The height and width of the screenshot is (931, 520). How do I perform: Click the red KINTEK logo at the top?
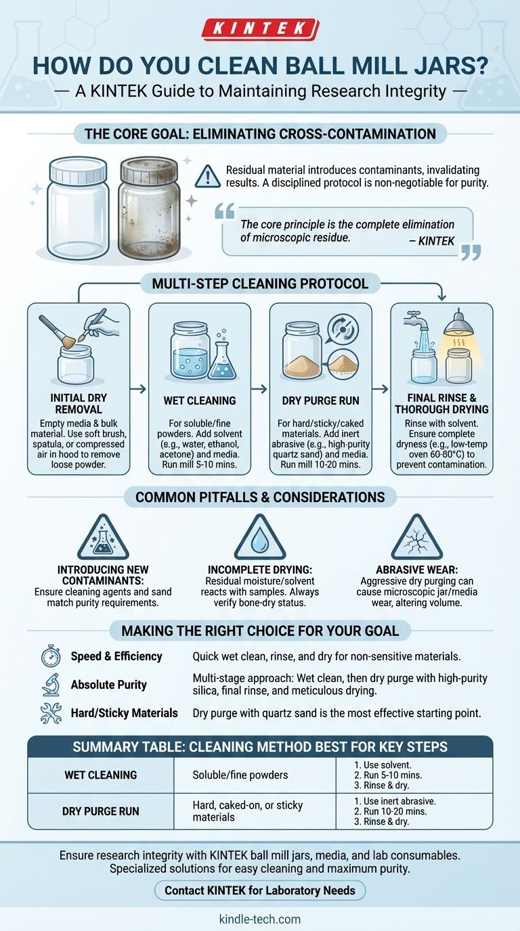[260, 28]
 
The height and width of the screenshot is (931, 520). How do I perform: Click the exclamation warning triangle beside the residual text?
[208, 176]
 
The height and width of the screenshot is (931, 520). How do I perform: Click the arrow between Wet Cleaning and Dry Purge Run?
[259, 388]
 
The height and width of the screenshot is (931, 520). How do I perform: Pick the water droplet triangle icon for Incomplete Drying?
[260, 537]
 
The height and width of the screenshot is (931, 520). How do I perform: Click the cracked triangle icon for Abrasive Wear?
[417, 537]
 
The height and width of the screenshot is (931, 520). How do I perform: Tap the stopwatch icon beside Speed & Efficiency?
[51, 656]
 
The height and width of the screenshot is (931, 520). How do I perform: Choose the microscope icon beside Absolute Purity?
[51, 685]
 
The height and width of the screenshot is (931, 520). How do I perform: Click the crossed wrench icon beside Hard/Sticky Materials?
[51, 713]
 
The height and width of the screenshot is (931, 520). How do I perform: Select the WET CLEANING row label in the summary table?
[101, 775]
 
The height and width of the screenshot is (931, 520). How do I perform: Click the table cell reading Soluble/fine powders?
[240, 775]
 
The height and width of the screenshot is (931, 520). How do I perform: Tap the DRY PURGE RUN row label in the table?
[101, 811]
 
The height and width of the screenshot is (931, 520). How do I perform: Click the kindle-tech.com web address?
[260, 919]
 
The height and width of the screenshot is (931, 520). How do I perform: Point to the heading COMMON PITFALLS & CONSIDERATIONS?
[260, 497]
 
